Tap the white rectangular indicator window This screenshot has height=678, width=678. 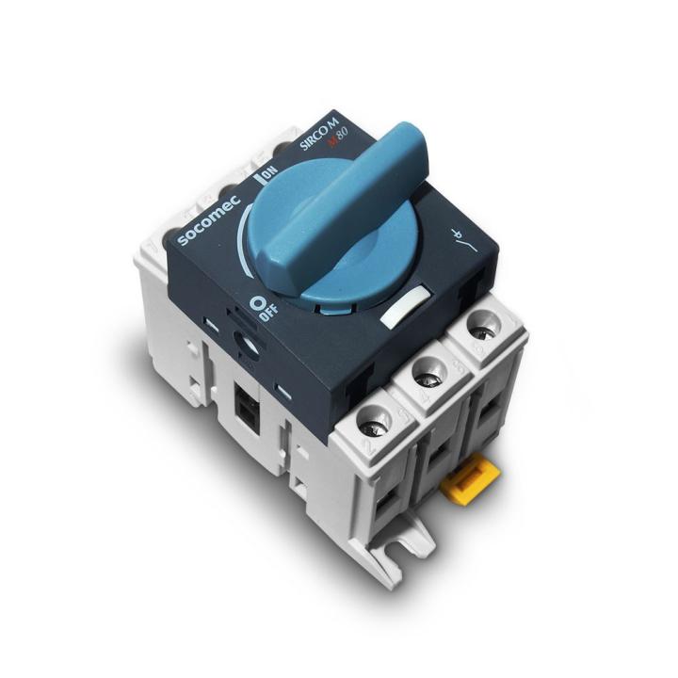(x=402, y=309)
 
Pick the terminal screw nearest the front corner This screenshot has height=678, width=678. (x=374, y=417)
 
